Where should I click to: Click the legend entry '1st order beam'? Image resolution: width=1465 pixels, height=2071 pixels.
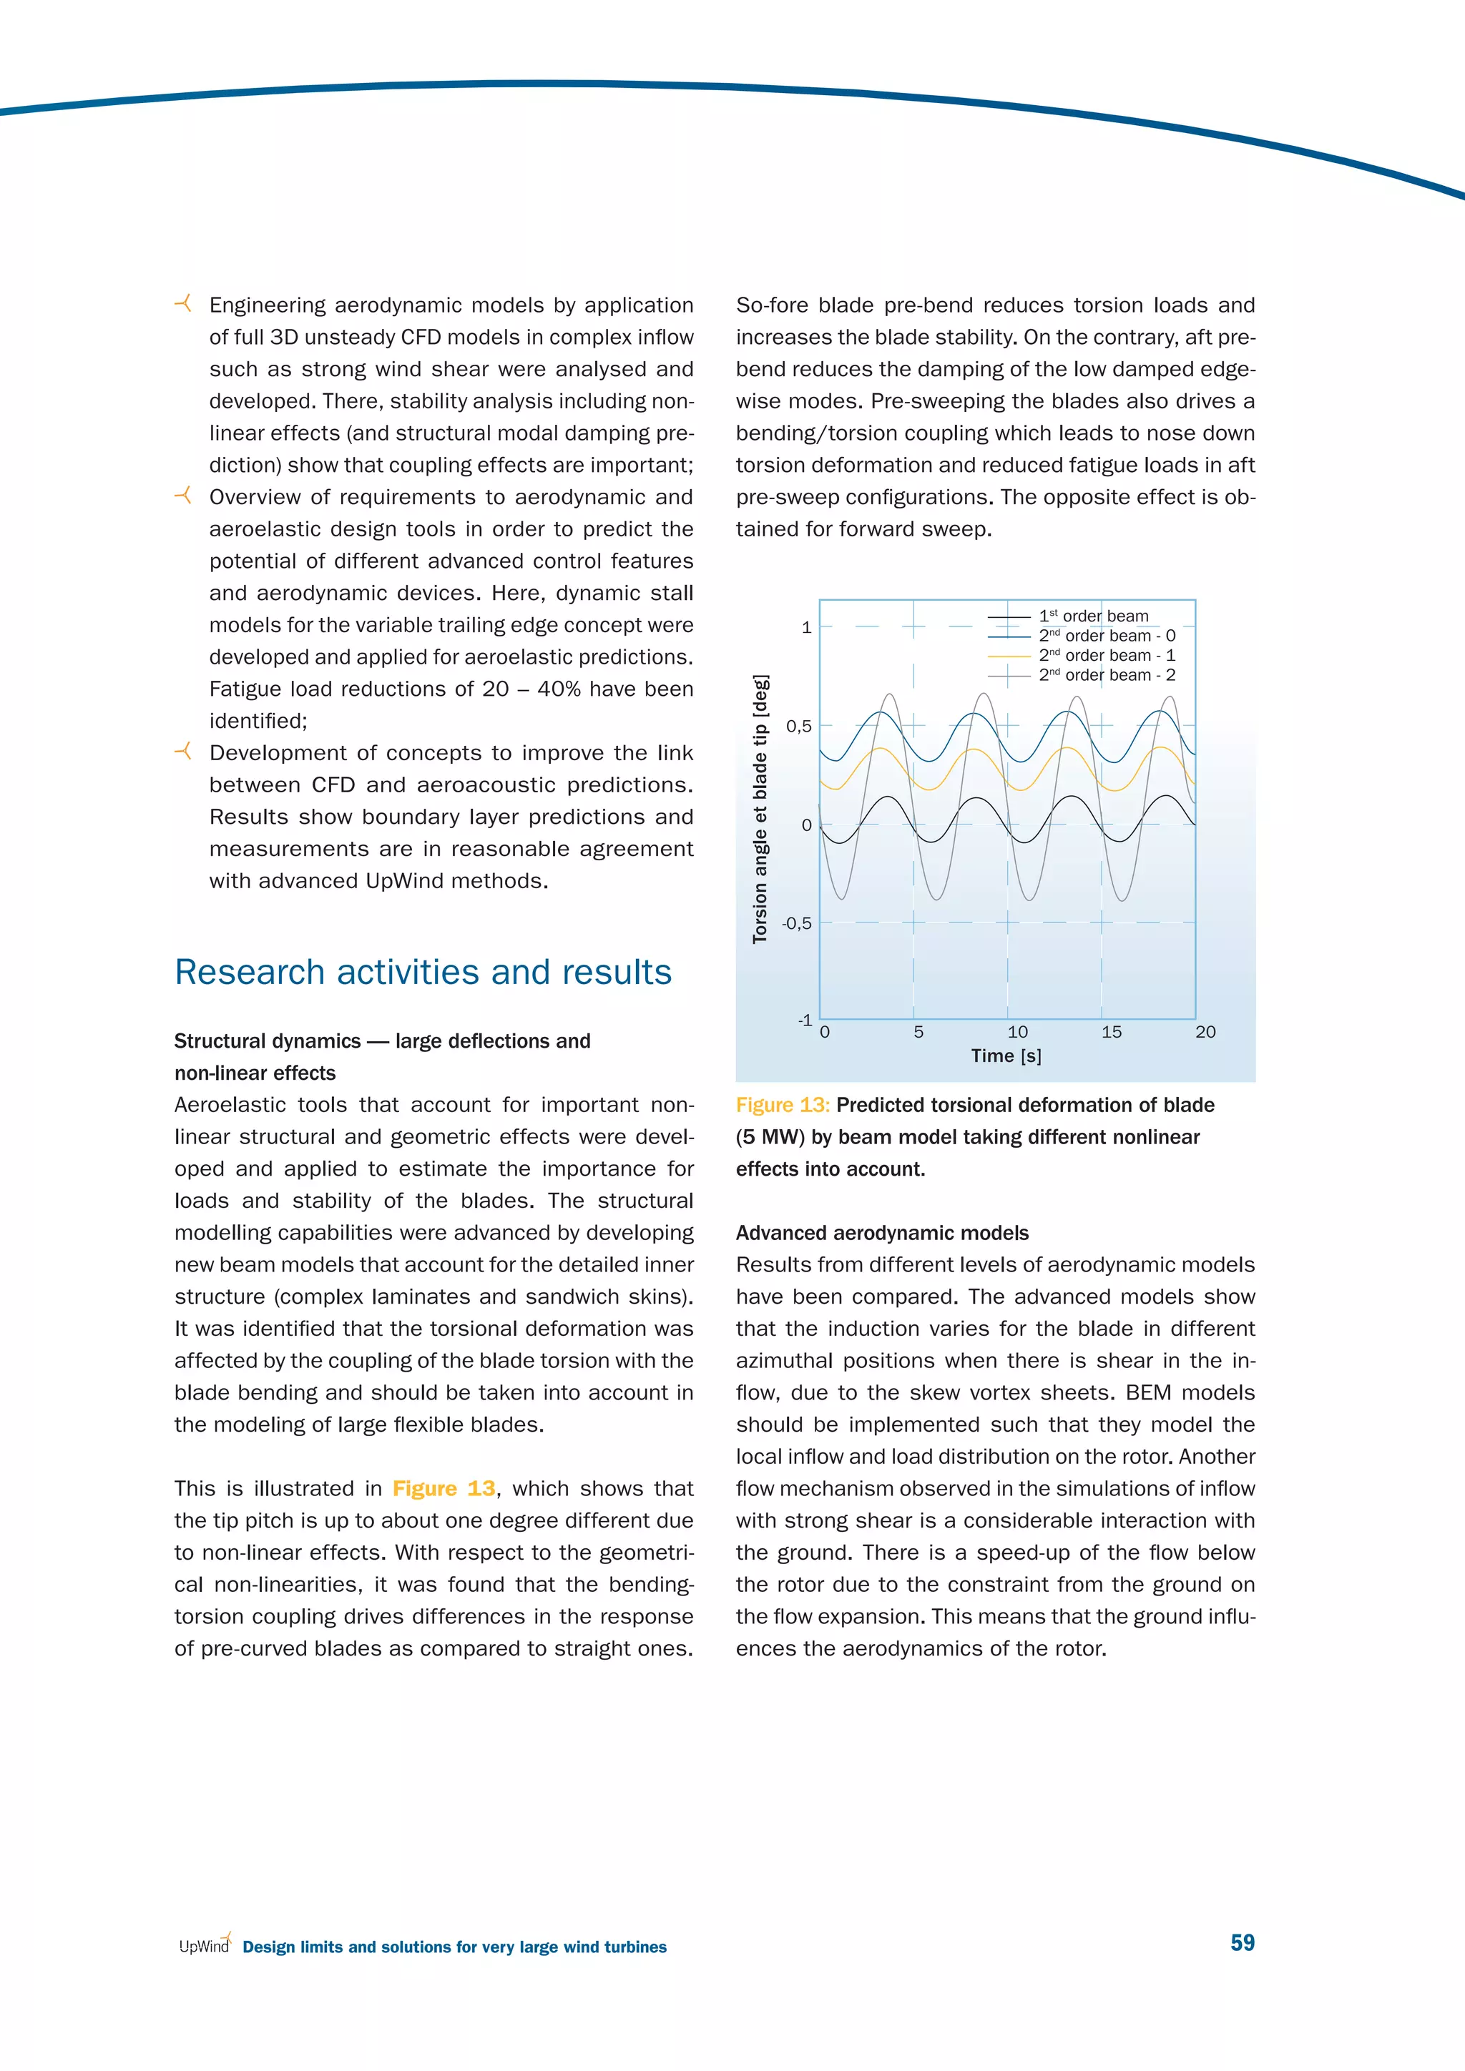(x=1093, y=616)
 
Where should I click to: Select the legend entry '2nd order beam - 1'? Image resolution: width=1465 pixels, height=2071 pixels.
(x=1106, y=656)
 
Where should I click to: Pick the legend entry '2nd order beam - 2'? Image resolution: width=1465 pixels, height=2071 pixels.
(x=1106, y=676)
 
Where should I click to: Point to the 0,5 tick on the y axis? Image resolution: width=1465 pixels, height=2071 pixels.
(x=798, y=726)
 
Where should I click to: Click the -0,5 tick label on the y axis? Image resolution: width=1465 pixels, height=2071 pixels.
(x=797, y=924)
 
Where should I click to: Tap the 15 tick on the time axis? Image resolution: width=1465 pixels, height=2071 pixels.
(x=1112, y=1032)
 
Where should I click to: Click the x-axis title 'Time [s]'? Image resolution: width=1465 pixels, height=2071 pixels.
(x=1006, y=1056)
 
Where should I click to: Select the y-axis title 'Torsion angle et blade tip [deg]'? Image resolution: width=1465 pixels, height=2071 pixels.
(x=760, y=809)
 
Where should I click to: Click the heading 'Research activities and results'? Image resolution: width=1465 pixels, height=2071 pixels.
(x=422, y=973)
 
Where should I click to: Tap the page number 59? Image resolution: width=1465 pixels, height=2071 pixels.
(x=1243, y=1943)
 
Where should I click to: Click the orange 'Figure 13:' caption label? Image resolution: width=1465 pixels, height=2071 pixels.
(x=782, y=1106)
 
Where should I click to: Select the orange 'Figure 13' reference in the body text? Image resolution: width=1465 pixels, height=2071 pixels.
(x=444, y=1488)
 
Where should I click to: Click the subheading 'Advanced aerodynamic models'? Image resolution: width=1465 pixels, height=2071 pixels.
(x=881, y=1233)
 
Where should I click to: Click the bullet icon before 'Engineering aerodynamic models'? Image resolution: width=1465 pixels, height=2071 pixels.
(x=183, y=304)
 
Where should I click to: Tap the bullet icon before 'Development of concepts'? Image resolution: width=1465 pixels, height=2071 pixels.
(x=183, y=752)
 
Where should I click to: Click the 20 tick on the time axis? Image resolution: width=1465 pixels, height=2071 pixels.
(x=1205, y=1032)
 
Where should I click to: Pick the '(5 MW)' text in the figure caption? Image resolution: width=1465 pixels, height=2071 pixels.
(x=770, y=1138)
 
